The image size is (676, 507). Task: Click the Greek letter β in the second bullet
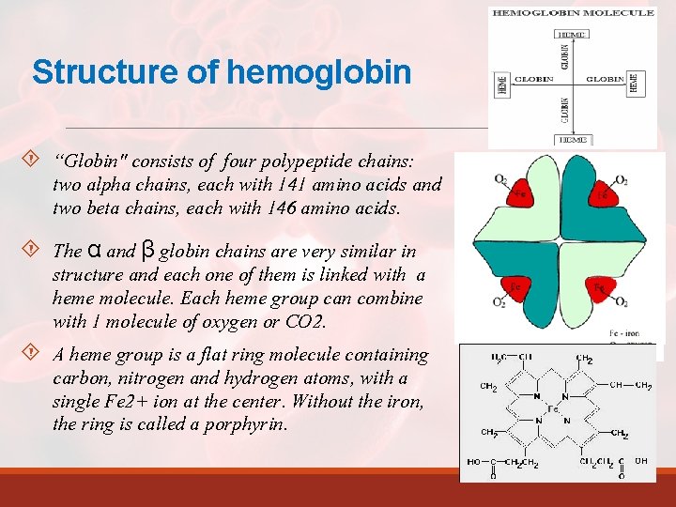click(x=147, y=251)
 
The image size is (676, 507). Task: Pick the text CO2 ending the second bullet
click(x=307, y=322)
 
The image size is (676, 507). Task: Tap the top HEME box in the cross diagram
click(x=573, y=34)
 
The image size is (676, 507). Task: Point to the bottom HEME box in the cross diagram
click(x=573, y=139)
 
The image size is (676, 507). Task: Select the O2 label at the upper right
click(x=621, y=179)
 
